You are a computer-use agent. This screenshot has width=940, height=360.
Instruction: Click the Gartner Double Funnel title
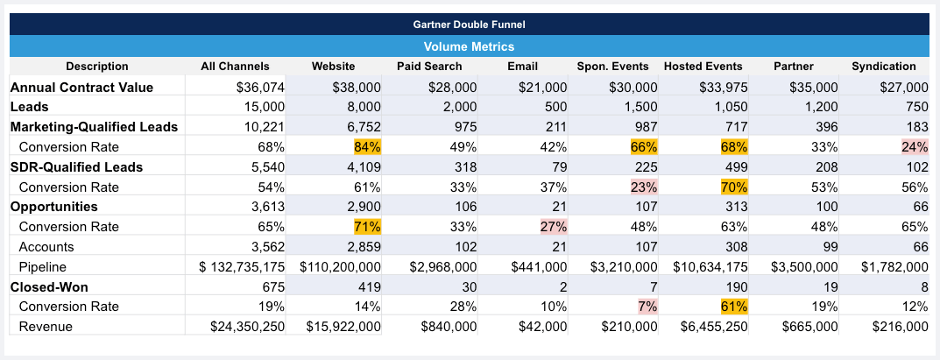click(469, 25)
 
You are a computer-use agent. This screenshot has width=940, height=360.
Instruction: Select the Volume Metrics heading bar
click(469, 46)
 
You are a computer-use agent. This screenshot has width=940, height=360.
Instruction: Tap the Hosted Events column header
click(703, 67)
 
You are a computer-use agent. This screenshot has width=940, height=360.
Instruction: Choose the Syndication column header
click(883, 67)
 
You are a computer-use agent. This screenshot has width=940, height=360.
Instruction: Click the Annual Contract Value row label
click(81, 87)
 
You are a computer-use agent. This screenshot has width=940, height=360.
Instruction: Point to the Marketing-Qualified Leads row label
click(94, 127)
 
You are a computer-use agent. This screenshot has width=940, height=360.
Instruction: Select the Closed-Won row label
click(49, 286)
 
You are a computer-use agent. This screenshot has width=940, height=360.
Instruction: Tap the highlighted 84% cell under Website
click(367, 147)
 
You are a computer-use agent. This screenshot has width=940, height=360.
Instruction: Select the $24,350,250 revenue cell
click(247, 327)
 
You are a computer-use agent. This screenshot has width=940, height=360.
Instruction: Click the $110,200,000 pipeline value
click(340, 266)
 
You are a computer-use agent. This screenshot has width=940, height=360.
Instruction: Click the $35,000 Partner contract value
click(814, 87)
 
